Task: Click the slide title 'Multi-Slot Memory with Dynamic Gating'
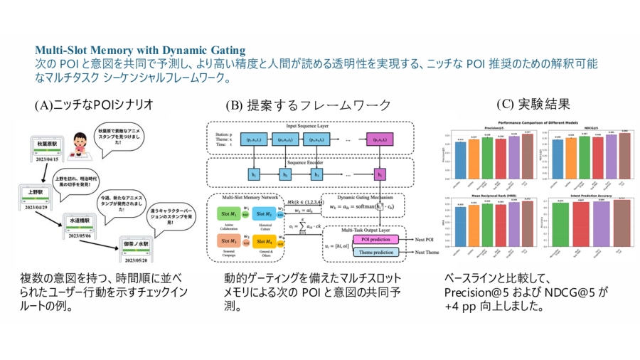(x=140, y=51)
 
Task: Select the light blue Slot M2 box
(x=265, y=213)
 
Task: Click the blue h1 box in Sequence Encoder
(x=252, y=174)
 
